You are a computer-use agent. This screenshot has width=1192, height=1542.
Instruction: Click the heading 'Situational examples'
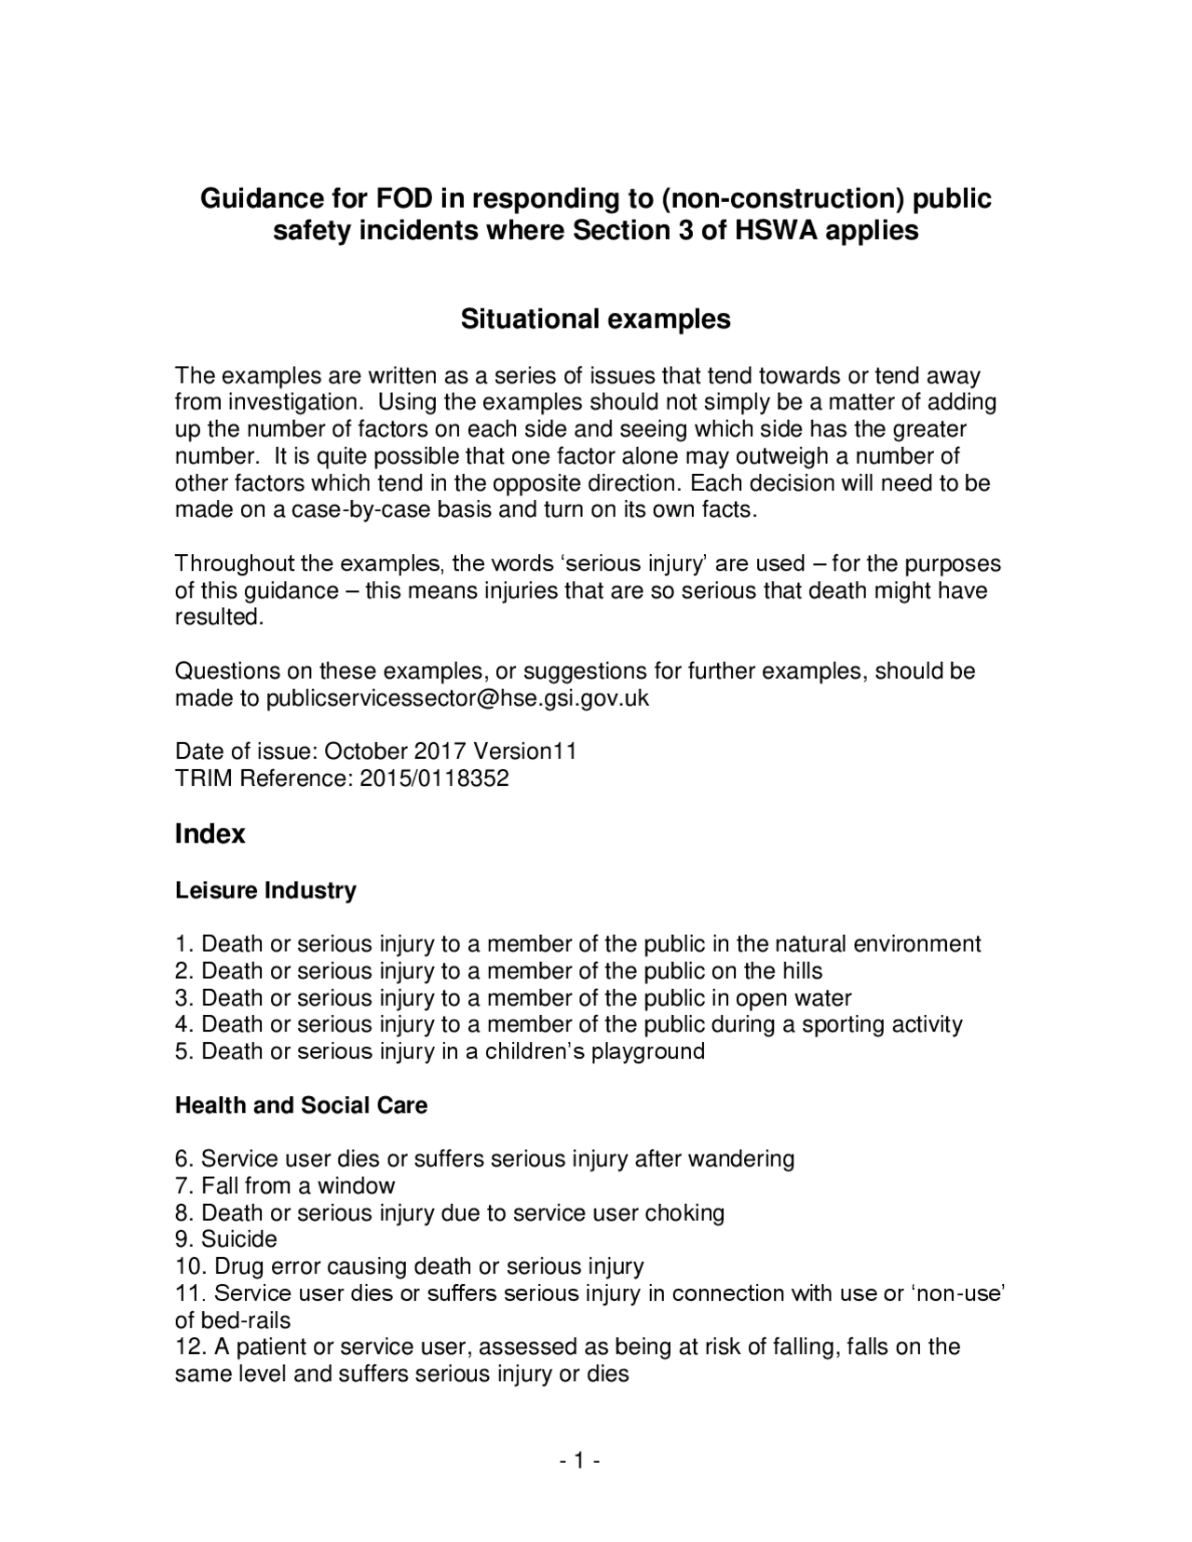tap(596, 319)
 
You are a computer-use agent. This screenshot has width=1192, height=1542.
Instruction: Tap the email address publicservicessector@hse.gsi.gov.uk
tap(457, 698)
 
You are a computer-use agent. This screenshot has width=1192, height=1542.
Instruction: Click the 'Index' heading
tap(210, 833)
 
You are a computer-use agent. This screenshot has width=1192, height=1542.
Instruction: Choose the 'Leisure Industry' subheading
tap(265, 890)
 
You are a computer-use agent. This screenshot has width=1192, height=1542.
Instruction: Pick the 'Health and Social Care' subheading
tap(301, 1105)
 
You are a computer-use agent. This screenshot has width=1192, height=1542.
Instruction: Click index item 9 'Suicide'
tap(238, 1239)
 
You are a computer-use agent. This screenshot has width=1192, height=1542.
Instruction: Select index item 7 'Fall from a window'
tap(298, 1185)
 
